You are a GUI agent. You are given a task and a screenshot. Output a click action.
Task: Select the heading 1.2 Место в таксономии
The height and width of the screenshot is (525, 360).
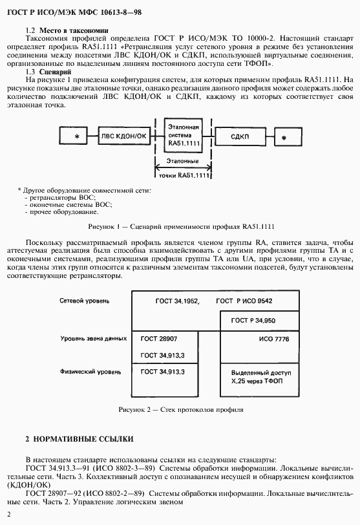(x=66, y=30)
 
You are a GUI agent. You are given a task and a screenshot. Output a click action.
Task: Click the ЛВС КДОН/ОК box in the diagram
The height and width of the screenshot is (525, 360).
(x=124, y=136)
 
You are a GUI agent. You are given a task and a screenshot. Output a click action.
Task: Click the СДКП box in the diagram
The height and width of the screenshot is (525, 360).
(x=240, y=136)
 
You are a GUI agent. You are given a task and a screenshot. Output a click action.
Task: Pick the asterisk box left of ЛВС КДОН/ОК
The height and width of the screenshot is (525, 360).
(x=76, y=137)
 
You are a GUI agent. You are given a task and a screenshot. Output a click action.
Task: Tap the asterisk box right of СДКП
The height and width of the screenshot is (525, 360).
(x=283, y=137)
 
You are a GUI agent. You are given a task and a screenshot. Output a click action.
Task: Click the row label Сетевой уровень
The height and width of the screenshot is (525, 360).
(x=84, y=301)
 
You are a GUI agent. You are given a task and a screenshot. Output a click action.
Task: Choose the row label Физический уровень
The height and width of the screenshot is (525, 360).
(x=88, y=372)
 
